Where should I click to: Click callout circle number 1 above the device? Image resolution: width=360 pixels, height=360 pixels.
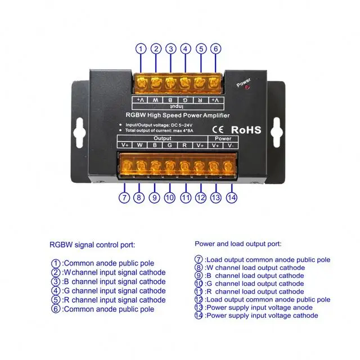[x=141, y=49]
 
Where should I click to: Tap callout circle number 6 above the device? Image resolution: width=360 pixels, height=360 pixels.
[x=214, y=49]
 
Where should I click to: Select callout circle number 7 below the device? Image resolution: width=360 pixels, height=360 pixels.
[x=125, y=197]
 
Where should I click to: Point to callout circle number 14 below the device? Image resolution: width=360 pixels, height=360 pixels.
[x=231, y=197]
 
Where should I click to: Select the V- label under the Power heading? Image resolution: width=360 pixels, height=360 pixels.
[x=229, y=145]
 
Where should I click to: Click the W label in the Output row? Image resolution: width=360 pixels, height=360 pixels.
[x=139, y=145]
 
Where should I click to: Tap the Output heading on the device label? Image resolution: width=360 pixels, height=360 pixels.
[x=162, y=137]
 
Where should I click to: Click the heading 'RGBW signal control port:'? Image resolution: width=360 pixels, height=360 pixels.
[x=92, y=245]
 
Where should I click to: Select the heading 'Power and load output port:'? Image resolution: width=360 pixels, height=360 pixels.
[x=238, y=244]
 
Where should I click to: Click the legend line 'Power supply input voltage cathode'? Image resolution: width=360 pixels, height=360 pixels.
[x=261, y=316]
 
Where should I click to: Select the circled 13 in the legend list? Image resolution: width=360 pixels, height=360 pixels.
[x=199, y=308]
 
